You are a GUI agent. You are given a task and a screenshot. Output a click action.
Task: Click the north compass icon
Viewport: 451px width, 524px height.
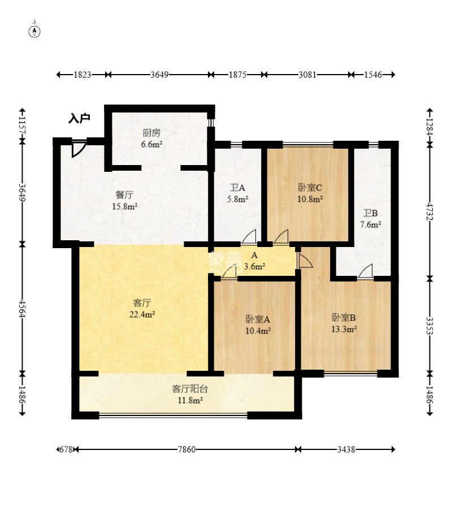coord(35,31)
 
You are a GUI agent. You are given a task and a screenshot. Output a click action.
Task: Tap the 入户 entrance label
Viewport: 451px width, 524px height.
coord(79,118)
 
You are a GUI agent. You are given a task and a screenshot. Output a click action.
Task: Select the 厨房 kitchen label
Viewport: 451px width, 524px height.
coord(151,133)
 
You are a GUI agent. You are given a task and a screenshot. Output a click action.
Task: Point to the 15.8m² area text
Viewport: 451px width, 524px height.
coord(124,206)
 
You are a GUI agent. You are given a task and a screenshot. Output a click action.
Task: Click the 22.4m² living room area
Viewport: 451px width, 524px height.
coord(142,314)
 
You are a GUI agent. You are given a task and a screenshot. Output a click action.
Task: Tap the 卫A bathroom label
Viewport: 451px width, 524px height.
coord(237,188)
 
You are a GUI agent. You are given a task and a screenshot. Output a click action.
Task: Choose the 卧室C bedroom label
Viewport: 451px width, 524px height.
coord(310,188)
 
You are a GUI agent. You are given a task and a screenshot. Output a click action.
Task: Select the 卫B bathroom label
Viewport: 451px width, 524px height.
coord(371,213)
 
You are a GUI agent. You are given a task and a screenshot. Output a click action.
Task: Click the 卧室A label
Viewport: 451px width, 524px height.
coord(258,319)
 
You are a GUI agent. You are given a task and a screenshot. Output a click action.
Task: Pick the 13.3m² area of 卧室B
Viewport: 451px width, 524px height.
coord(344,329)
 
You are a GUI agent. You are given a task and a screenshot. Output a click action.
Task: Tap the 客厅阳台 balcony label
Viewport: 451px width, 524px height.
coord(190,389)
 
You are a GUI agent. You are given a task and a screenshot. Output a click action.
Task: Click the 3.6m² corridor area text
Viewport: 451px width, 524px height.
coord(254,266)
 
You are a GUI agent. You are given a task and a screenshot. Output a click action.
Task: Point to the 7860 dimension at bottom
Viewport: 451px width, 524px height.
coord(187,449)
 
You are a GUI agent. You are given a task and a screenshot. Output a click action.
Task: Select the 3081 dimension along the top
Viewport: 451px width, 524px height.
coord(307,75)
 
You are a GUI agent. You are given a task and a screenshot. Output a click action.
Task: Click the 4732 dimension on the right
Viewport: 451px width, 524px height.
coord(430,211)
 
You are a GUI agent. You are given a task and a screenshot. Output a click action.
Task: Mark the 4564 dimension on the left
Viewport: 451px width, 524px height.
coord(23,309)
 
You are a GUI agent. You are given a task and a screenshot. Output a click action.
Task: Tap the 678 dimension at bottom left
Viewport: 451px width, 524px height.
coord(66,449)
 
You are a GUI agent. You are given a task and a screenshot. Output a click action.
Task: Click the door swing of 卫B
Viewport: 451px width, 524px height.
coord(366,271)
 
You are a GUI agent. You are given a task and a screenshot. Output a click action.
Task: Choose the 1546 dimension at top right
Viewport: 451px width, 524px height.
coord(373,75)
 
